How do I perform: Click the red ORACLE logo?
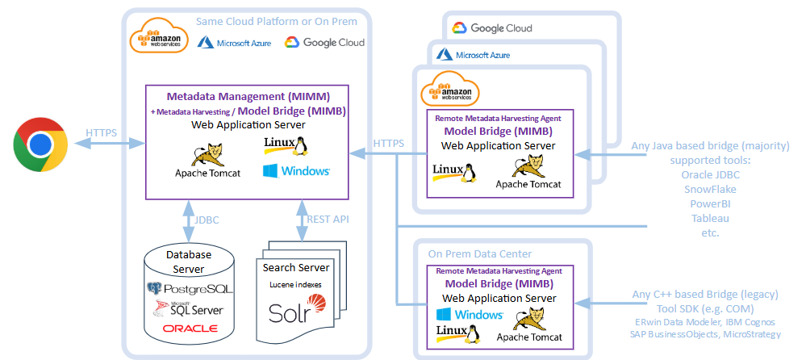190,329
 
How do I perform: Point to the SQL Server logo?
190,308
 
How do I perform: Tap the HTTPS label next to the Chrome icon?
101,132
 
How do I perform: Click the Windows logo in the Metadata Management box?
295,171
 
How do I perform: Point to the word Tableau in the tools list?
709,218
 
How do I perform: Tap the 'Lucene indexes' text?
296,284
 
